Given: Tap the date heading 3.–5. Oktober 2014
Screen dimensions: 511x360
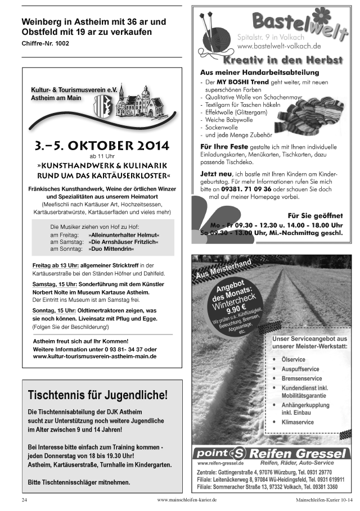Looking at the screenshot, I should pyautogui.click(x=101, y=146).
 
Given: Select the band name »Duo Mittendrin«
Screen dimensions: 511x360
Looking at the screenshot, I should pyautogui.click(x=112, y=248).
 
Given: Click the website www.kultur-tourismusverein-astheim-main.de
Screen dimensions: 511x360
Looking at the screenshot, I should pyautogui.click(x=94, y=356).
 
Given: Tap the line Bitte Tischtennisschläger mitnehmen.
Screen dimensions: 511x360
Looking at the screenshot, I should pyautogui.click(x=79, y=482).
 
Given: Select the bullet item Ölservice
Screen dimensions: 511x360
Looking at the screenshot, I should pyautogui.click(x=293, y=359).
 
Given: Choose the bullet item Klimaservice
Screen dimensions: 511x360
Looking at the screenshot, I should pyautogui.click(x=298, y=420).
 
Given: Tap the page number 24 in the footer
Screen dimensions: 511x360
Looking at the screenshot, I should pyautogui.click(x=24, y=499).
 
